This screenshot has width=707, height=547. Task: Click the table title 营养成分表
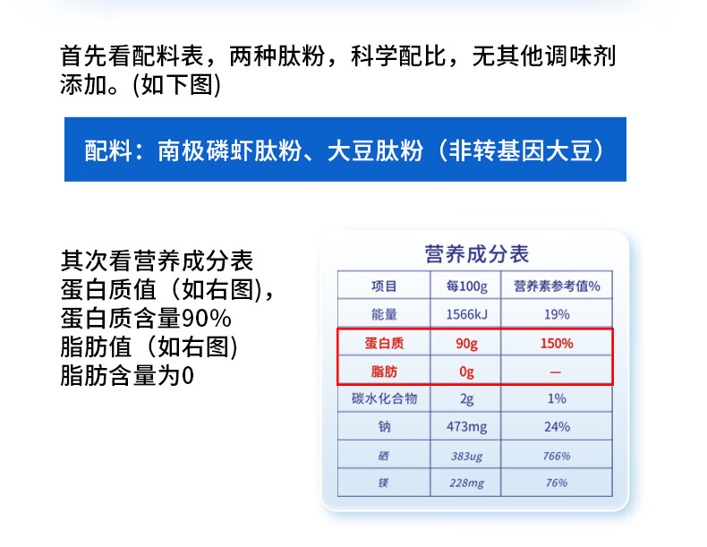[476, 254]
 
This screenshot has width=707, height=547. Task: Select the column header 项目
[384, 286]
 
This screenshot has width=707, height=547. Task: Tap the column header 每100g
[466, 286]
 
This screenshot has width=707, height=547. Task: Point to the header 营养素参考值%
[557, 286]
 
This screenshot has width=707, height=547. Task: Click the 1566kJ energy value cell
[466, 314]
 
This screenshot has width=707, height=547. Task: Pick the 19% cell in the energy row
[557, 314]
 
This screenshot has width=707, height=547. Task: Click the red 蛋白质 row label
[384, 343]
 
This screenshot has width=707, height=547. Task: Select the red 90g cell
[466, 344]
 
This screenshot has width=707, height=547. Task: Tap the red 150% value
[557, 343]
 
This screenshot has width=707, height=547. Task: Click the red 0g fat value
[466, 372]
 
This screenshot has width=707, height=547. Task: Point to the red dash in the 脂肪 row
[556, 372]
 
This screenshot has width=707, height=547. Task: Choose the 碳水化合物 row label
[384, 398]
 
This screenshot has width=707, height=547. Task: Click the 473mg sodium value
[466, 427]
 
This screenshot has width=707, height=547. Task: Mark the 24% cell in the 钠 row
[557, 427]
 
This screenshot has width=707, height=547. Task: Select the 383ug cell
[466, 457]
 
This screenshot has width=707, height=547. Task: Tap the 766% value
[557, 456]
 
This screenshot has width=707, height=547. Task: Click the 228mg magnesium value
[466, 483]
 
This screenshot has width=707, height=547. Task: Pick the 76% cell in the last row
[557, 483]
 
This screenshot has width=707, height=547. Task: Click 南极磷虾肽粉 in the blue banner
[229, 150]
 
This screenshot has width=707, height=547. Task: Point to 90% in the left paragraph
[206, 319]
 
